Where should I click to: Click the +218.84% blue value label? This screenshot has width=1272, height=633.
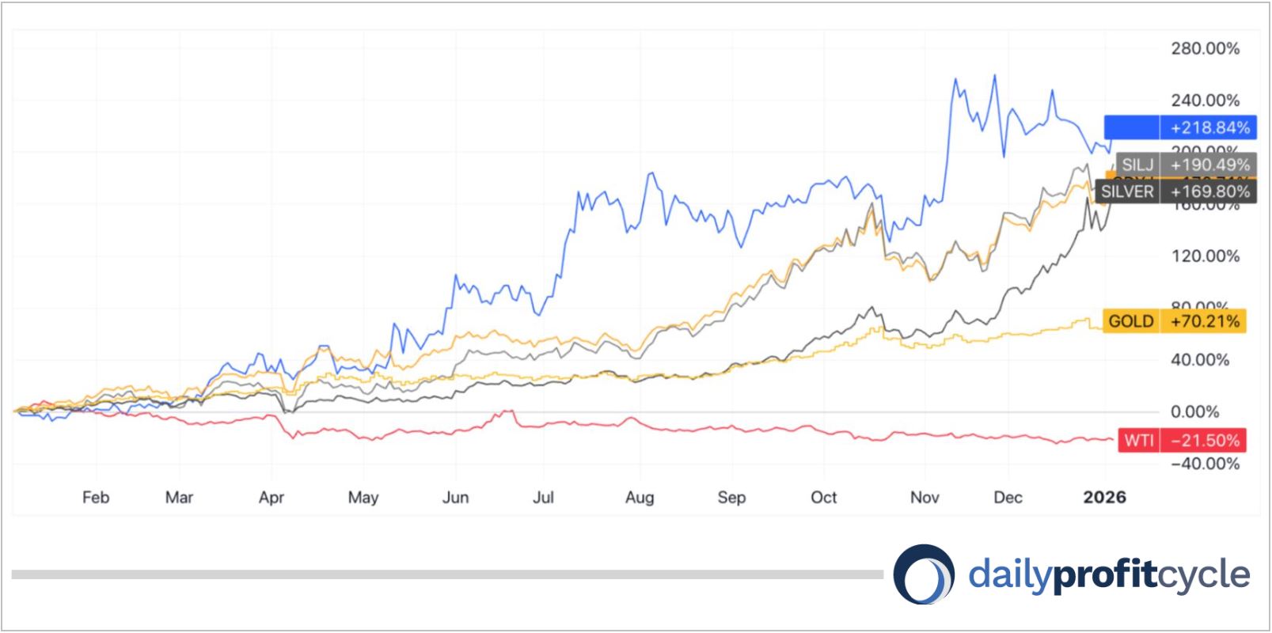point(1209,127)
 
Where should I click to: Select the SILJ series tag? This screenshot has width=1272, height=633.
point(1137,165)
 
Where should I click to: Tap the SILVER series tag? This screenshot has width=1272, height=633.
point(1127,191)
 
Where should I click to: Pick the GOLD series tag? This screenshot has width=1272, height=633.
point(1130,320)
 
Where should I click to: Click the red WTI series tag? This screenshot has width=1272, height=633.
point(1138,440)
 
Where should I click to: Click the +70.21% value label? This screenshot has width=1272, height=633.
point(1205,320)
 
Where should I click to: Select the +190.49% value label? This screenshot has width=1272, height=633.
point(1209,165)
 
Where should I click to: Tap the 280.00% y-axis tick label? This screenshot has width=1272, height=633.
point(1205,48)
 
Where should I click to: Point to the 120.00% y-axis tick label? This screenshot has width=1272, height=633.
point(1205,256)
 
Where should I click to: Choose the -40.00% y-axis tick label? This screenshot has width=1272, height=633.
point(1205,463)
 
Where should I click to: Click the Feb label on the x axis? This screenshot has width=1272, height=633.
point(95,497)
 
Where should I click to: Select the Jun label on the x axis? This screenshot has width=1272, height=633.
point(455,497)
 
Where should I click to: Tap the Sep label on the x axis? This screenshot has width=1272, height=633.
point(731,497)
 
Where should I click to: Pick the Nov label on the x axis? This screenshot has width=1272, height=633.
point(925,497)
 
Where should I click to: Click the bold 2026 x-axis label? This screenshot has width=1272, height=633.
point(1104,497)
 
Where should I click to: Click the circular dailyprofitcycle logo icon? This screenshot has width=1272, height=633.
point(924,574)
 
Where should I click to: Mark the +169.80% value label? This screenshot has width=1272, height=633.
point(1209,191)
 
